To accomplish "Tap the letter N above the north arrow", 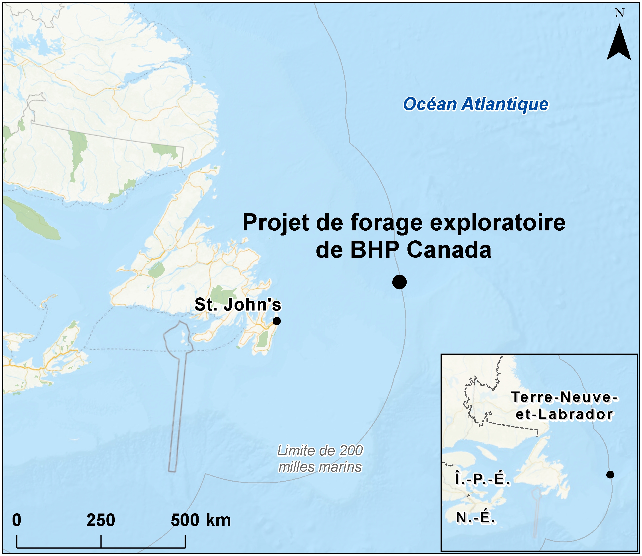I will point(619,13).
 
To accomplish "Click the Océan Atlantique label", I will point(476,104).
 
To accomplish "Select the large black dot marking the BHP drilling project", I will point(399,282).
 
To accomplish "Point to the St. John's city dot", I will point(276,321).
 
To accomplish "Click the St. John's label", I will point(237,305).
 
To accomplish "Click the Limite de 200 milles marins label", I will point(320,459).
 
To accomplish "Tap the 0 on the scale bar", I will point(17,520).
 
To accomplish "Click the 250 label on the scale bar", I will point(101,520).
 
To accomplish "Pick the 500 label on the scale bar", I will point(185,520).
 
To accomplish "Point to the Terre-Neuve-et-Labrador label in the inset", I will point(564,405).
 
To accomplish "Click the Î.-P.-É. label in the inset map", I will point(482,479).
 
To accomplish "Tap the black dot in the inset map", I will point(610,474).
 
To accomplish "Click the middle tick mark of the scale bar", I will point(101,541).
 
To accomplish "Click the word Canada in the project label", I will point(449,250).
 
